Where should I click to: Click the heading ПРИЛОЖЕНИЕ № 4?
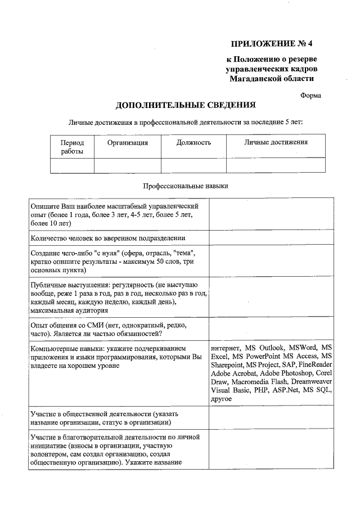coord(272,43)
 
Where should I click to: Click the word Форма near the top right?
coord(310,96)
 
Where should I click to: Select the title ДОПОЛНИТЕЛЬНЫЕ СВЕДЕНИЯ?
coord(186,105)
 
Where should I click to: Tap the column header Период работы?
coord(72,147)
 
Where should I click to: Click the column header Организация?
coord(128,143)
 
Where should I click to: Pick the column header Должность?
coord(193,143)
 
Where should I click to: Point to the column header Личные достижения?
coord(276,143)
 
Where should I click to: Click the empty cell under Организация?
coord(128,165)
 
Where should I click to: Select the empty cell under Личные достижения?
coord(276,165)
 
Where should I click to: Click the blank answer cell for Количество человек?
coord(271,238)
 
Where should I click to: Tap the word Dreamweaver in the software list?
coord(308,381)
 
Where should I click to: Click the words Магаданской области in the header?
coord(271,79)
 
